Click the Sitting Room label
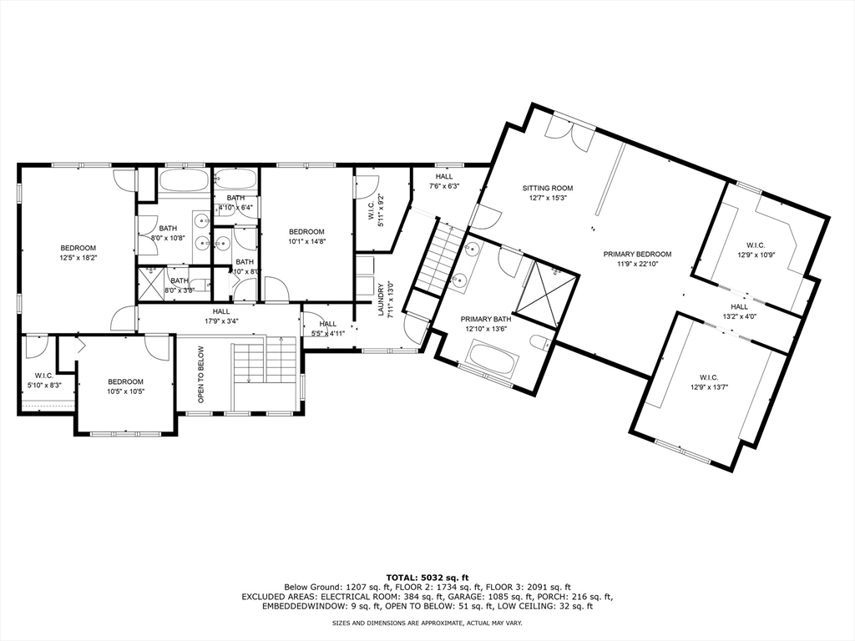[548, 189]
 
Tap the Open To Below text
[201, 375]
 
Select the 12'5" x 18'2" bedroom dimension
[78, 259]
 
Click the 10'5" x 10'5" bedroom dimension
[124, 391]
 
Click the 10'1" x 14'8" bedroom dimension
[306, 242]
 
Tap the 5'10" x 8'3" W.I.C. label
[44, 385]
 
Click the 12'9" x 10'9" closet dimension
[756, 255]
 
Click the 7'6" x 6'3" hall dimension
[444, 186]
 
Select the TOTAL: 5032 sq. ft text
[427, 577]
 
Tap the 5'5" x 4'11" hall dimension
[327, 333]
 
